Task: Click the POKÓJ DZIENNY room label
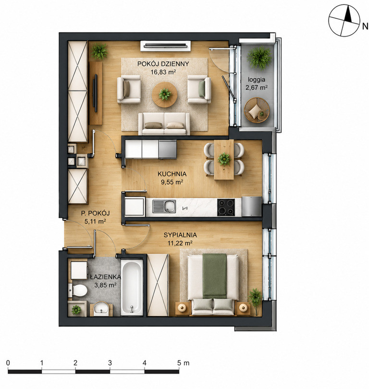163,64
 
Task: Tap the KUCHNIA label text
172,174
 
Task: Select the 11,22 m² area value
180,243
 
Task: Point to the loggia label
257,80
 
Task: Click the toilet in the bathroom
78,290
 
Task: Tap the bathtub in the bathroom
132,287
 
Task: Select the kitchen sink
164,206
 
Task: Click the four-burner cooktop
226,207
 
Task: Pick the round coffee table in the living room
164,94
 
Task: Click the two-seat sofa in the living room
164,124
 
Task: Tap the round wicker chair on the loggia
257,110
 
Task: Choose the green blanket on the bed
215,276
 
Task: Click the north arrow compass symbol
344,21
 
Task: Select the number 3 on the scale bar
110,363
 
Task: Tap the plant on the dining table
224,159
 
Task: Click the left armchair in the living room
129,89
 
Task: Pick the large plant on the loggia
259,57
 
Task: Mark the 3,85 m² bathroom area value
106,285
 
